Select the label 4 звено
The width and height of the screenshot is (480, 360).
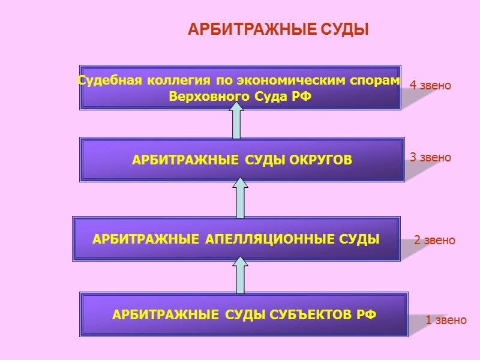430,86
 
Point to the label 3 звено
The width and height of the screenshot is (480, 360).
430,158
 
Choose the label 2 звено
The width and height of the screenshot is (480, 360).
434,241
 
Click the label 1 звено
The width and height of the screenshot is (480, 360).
446,320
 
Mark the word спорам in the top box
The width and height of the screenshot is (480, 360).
379,80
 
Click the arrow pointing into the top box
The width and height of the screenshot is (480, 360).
236,121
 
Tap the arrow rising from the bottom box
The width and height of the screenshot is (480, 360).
240,275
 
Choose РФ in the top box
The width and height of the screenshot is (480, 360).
302,96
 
